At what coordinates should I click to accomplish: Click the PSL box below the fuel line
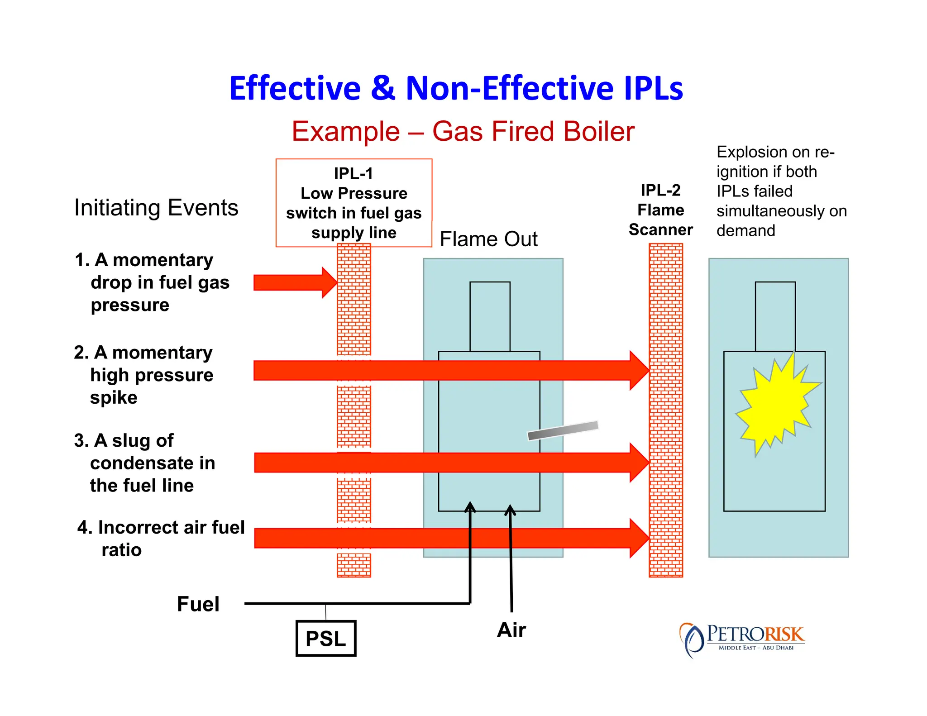[325, 638]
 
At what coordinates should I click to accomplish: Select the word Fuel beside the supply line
[198, 604]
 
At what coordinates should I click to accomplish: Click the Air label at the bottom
[511, 630]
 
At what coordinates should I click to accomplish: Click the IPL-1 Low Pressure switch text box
[354, 203]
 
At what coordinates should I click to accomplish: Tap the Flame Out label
[488, 239]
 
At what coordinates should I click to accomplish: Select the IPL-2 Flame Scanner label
[660, 210]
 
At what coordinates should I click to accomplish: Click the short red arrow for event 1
[295, 282]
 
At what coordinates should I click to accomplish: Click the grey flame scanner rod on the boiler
[563, 430]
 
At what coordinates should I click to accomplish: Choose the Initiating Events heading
[156, 208]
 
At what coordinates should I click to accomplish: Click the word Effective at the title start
[295, 88]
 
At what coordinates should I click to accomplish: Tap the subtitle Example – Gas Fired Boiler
[463, 132]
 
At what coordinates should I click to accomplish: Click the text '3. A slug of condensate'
[144, 463]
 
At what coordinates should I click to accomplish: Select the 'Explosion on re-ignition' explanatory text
[781, 191]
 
